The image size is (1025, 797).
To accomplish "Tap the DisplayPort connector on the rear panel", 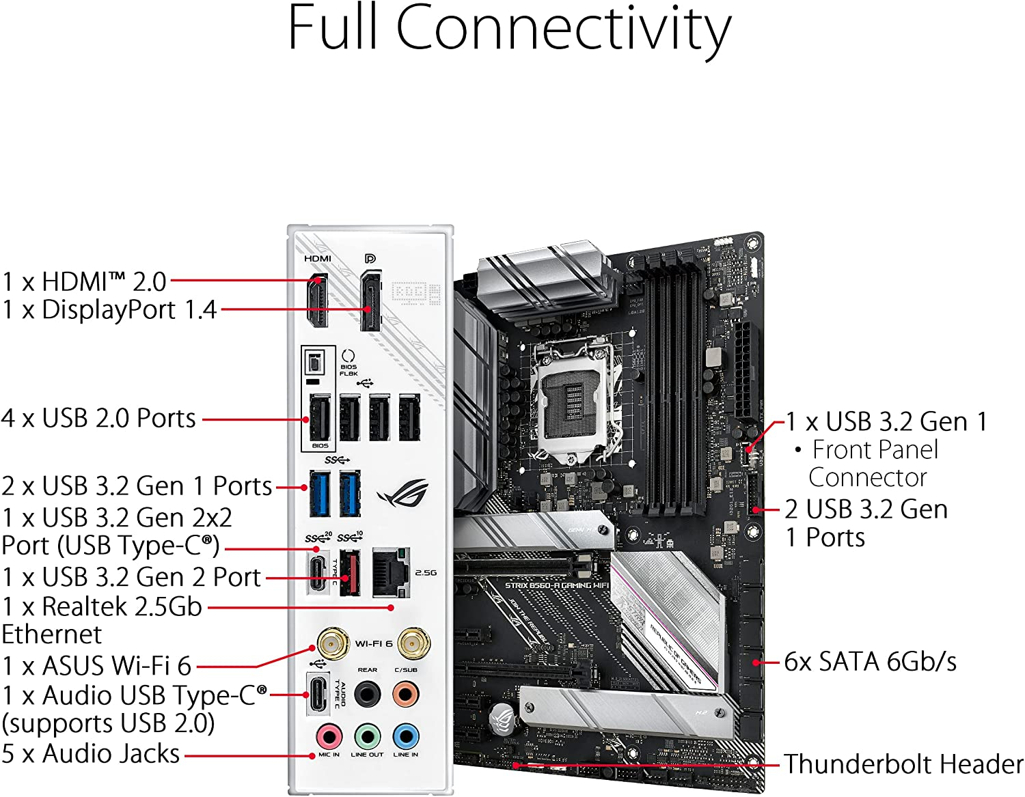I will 370,300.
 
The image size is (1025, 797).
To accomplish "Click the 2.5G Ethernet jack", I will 391,572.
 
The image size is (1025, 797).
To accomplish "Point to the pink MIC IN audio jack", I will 329,737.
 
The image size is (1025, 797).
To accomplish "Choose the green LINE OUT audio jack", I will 367,737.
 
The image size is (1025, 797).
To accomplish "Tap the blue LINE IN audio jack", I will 405,737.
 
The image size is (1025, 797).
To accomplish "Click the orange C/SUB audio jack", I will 405,695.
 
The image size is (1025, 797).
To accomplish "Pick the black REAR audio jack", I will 367,695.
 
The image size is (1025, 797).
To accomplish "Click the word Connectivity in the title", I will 564,29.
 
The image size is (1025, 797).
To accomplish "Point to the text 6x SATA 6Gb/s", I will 870,661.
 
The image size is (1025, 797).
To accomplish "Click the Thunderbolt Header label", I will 903,764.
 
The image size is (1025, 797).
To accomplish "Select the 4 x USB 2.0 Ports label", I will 99,418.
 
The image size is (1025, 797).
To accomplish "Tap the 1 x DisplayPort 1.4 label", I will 109,309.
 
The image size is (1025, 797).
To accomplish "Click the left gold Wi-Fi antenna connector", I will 329,643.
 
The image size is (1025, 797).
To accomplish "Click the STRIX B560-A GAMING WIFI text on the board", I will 556,585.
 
